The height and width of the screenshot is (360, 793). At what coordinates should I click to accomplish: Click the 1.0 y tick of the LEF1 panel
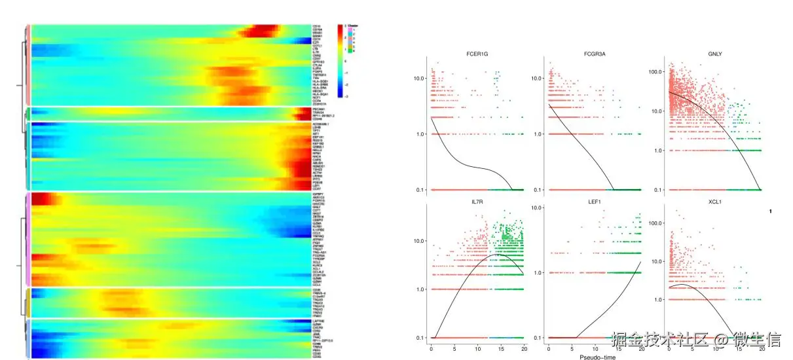click(x=538, y=272)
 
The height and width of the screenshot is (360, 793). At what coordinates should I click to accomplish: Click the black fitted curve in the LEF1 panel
click(x=609, y=300)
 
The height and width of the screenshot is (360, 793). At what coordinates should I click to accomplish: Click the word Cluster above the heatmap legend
click(x=352, y=26)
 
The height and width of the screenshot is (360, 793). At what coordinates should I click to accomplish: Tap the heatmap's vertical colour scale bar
click(x=341, y=62)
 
